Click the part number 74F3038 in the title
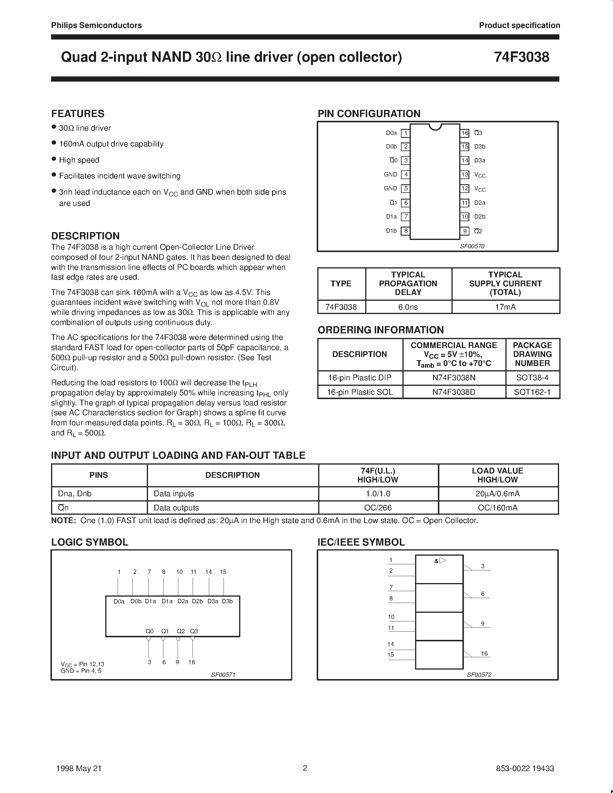521,57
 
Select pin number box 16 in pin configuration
465,133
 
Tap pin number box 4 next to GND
406,175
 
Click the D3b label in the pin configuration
479,147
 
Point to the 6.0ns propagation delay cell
408,307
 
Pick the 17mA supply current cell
505,307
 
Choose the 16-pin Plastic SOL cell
359,392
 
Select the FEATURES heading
78,114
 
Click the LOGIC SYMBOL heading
90,542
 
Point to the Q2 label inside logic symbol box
181,631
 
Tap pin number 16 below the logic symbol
192,662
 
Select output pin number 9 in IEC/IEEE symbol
483,624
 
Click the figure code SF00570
472,246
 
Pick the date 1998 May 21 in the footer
79,768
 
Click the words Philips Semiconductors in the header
96,25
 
